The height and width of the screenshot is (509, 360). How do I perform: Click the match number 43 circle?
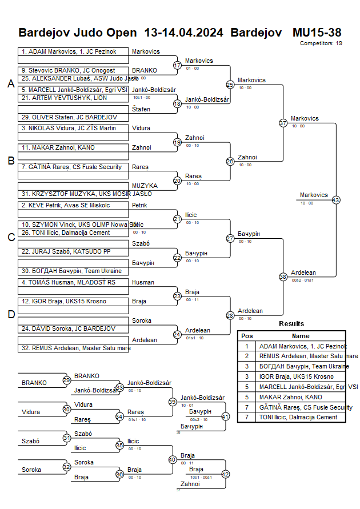[x=336, y=200]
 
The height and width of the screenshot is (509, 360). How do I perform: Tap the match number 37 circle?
[x=283, y=123]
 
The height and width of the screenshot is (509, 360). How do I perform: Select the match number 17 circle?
[x=177, y=65]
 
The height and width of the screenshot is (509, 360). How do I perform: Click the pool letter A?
[x=10, y=84]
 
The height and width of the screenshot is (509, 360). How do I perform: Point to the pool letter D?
[x=10, y=314]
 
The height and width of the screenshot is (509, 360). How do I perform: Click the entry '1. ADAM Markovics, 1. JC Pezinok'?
[x=69, y=51]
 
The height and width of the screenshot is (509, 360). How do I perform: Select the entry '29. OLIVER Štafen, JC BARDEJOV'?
[x=69, y=117]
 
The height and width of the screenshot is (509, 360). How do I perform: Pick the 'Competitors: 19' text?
[x=321, y=43]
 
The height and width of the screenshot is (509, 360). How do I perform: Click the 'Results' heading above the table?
[x=291, y=324]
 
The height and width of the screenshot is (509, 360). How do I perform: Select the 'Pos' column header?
[x=247, y=336]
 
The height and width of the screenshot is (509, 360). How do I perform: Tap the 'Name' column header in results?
[x=301, y=336]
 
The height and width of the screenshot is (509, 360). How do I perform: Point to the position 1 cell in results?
[x=247, y=346]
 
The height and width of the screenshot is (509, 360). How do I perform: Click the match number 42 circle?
[x=225, y=474]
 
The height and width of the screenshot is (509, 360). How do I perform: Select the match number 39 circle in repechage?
[x=172, y=402]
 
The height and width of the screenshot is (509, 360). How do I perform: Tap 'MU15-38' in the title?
[x=317, y=32]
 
